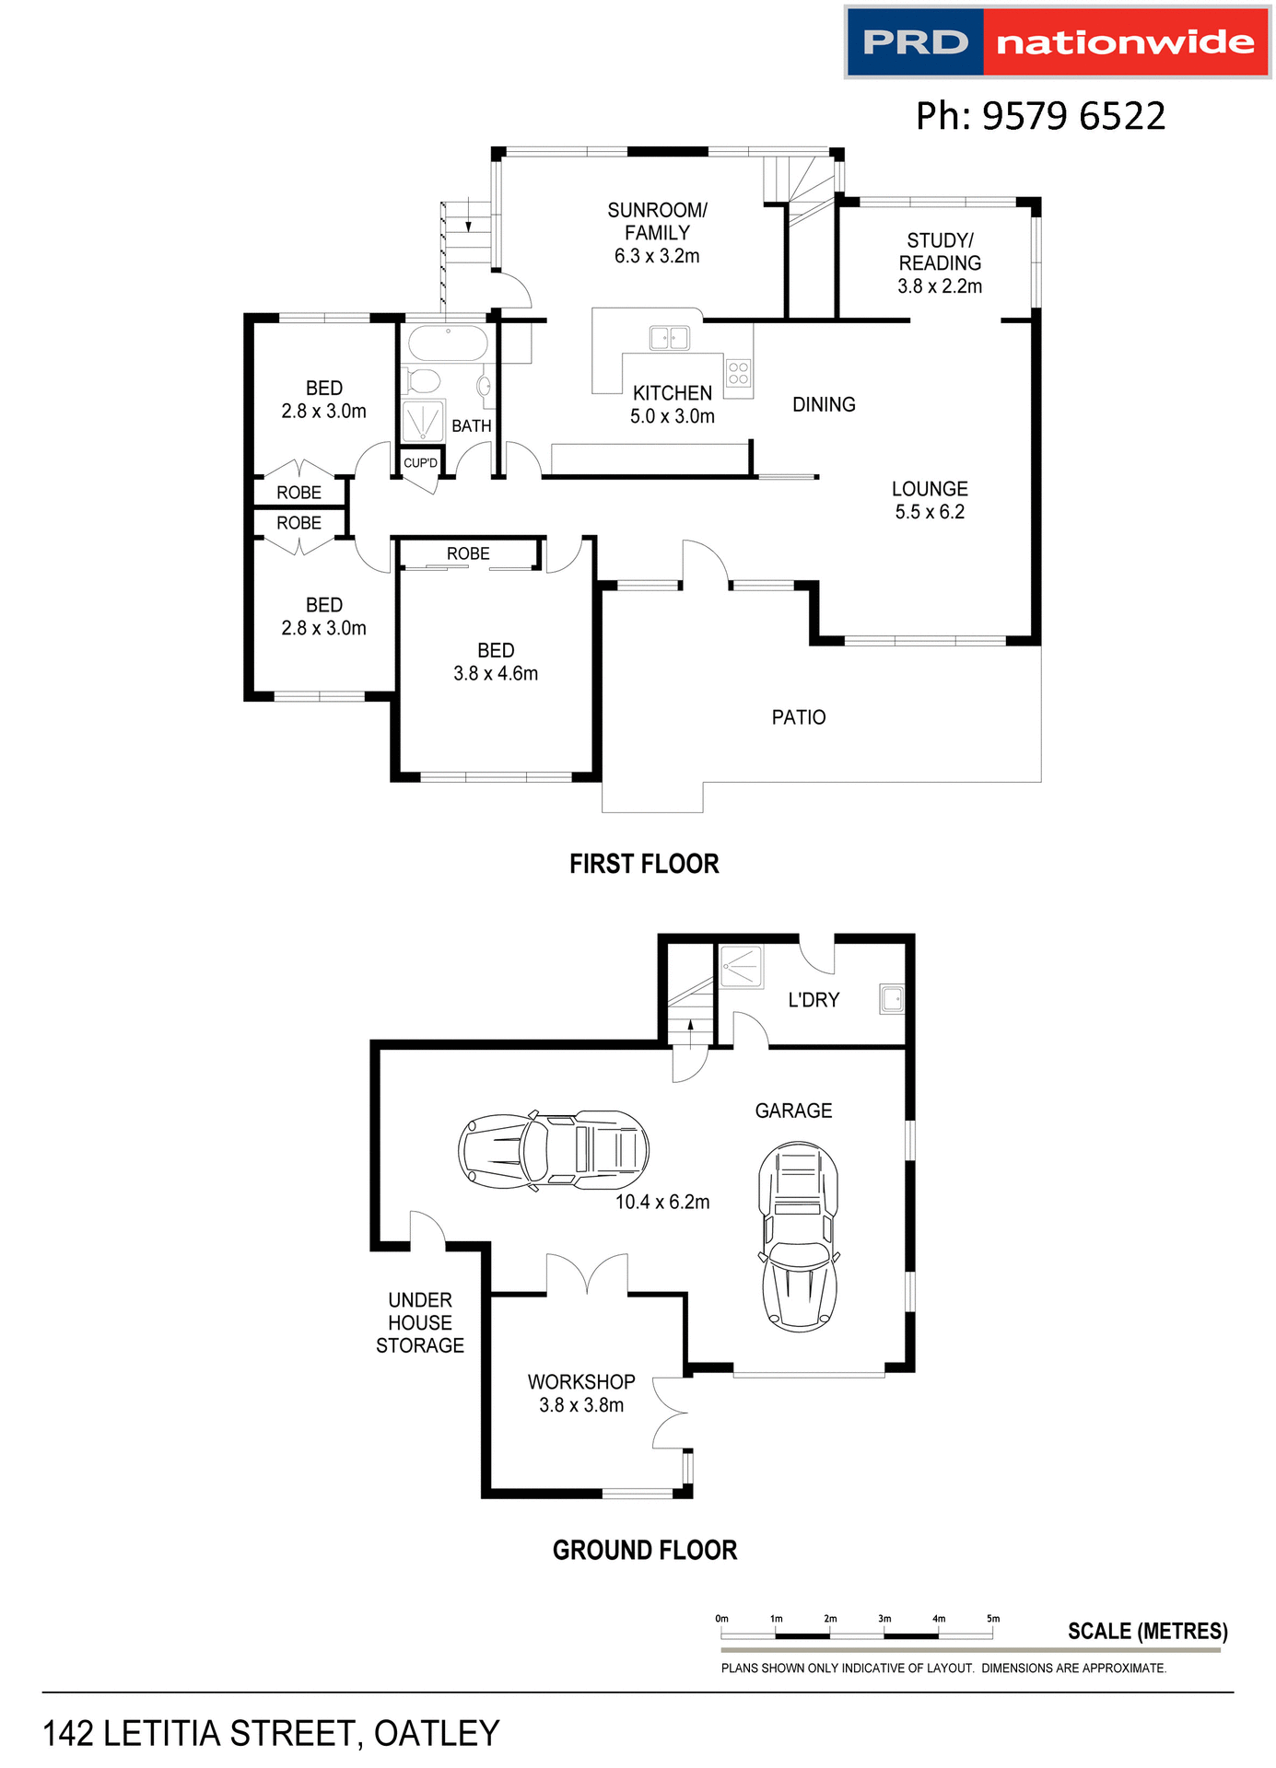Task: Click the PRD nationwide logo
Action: (x=1057, y=42)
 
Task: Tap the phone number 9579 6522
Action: (x=1040, y=116)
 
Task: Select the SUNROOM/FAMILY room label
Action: (x=657, y=233)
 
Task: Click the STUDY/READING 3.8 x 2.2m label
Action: (x=940, y=263)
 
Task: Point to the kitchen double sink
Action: (x=670, y=338)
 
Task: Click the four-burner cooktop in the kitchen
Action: (x=738, y=373)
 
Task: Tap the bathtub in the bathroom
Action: (x=448, y=344)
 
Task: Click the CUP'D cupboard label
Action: (x=420, y=463)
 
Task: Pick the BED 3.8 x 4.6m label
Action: (x=496, y=662)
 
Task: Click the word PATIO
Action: (x=799, y=717)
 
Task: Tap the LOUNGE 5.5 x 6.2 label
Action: (x=930, y=500)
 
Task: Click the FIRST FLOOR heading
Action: (x=644, y=864)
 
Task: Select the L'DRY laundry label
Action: (x=814, y=1000)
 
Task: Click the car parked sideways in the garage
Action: (x=554, y=1150)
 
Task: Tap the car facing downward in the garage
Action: (x=799, y=1237)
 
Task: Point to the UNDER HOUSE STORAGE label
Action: (x=420, y=1322)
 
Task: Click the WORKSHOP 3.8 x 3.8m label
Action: (x=581, y=1393)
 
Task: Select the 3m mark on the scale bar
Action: (x=884, y=1619)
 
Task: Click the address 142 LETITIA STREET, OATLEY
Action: (x=271, y=1733)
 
